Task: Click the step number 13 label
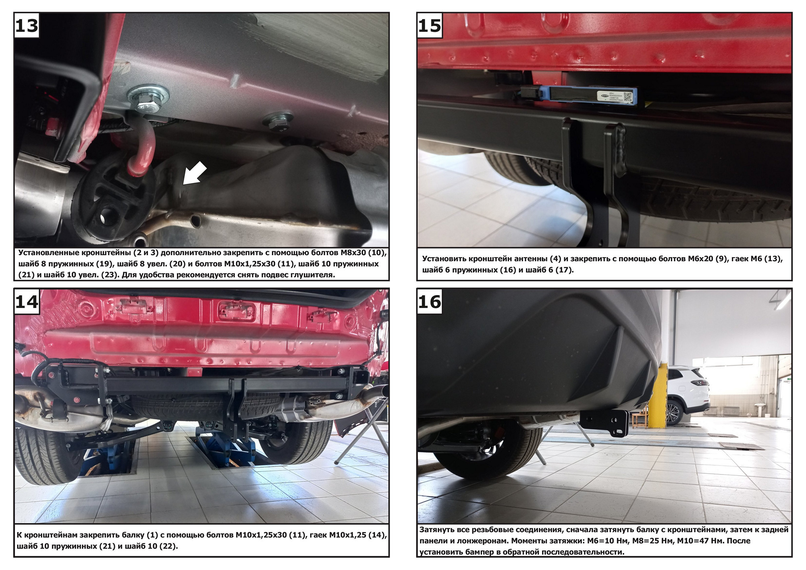(x=27, y=25)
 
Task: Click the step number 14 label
(x=27, y=302)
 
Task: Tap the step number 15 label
(x=430, y=25)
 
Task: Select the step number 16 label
(x=430, y=302)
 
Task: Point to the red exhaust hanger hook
(x=141, y=145)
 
